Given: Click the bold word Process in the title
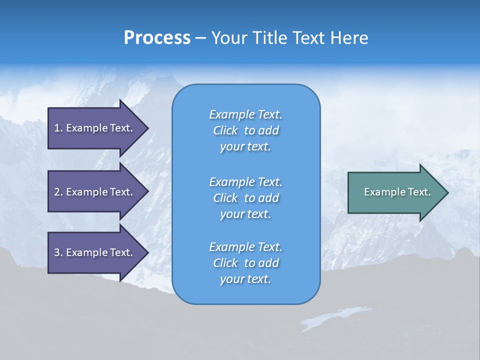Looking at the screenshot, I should click(x=157, y=38).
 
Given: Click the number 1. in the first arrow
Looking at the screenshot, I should click(x=58, y=128).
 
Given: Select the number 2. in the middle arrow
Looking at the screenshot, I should click(x=58, y=192).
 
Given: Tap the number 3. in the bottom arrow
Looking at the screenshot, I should click(x=58, y=252).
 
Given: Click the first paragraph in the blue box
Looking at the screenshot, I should click(x=245, y=130).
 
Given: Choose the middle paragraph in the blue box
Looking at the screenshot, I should click(x=245, y=198).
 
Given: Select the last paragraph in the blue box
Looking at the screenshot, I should click(x=245, y=263).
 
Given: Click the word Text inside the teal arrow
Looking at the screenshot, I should click(x=419, y=192).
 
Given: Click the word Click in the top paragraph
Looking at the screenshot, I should click(x=225, y=130).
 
